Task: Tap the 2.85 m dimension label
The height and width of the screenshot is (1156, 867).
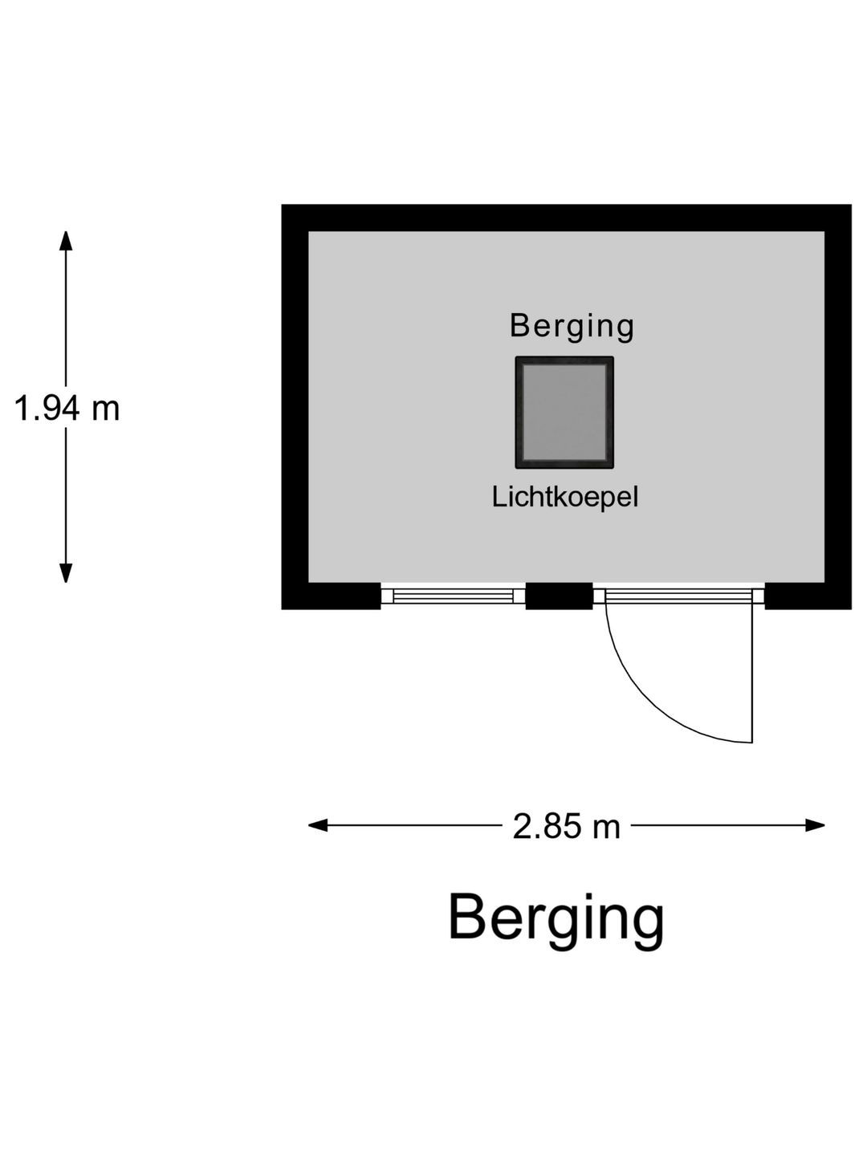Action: (x=567, y=826)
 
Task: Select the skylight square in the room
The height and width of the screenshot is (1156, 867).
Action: (x=564, y=413)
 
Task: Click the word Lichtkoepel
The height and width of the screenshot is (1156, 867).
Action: (x=565, y=497)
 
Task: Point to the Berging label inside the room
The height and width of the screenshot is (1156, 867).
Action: (x=572, y=327)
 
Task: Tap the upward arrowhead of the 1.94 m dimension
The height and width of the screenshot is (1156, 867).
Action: (x=66, y=241)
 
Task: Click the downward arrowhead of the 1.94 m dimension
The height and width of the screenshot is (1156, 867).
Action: (x=66, y=573)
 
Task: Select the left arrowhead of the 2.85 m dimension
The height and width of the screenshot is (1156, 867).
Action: (x=318, y=825)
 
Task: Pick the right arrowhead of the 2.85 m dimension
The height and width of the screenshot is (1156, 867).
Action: (x=814, y=825)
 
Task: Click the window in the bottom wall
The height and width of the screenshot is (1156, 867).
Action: (x=453, y=596)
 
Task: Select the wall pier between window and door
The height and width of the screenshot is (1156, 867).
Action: (x=559, y=596)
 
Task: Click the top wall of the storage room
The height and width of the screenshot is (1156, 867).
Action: (x=567, y=218)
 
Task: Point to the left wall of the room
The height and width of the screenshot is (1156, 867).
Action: (x=295, y=406)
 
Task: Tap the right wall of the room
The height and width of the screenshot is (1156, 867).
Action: (x=838, y=406)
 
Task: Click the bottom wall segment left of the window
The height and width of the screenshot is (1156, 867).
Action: (x=331, y=596)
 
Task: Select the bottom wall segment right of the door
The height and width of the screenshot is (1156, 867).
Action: (x=808, y=596)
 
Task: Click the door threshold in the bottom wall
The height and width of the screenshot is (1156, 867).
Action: (x=678, y=596)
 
